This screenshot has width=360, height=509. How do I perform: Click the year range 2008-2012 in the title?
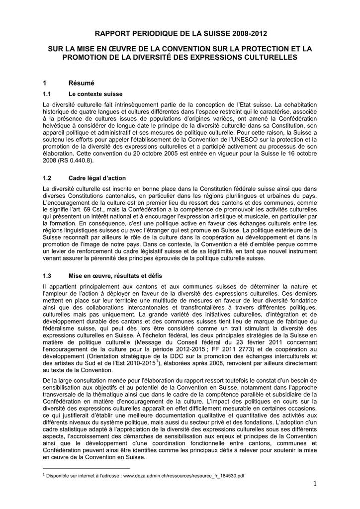click(x=245, y=34)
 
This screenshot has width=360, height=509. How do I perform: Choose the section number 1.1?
click(x=48, y=94)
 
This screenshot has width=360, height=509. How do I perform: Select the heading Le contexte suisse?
click(x=95, y=94)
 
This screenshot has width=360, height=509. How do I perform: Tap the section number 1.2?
click(x=48, y=178)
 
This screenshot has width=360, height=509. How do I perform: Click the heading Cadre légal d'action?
click(x=97, y=178)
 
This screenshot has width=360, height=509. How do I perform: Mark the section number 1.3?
click(x=48, y=276)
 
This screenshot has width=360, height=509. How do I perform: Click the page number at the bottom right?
click(x=315, y=484)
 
